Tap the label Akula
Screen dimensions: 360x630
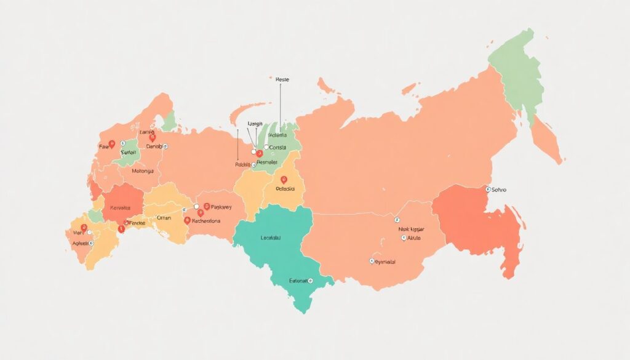(x=413, y=237)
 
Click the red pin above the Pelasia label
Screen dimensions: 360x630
(x=284, y=180)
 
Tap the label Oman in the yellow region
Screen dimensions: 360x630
(x=165, y=217)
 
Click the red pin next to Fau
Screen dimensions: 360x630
(x=111, y=144)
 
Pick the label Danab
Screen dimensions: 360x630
(x=154, y=146)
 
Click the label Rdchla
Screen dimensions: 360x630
(x=244, y=164)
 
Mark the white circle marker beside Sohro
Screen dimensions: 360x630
(x=488, y=190)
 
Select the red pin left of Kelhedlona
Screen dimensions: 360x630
(x=186, y=219)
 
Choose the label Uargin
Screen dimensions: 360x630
(x=255, y=124)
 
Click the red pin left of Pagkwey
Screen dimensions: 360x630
(x=207, y=207)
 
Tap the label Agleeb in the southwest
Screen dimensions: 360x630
(x=79, y=244)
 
